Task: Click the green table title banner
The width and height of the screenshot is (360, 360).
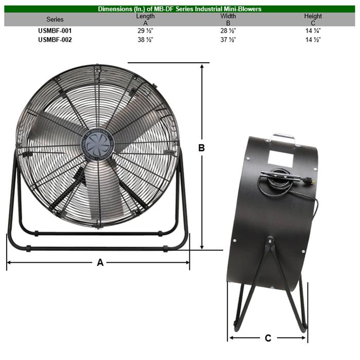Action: pyautogui.click(x=179, y=9)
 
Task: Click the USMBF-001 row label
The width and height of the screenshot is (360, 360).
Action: pyautogui.click(x=55, y=31)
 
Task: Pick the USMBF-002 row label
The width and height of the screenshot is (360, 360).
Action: pyautogui.click(x=55, y=39)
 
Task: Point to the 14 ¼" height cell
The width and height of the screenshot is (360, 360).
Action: pyautogui.click(x=313, y=31)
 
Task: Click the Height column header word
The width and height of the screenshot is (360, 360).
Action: pyautogui.click(x=313, y=16)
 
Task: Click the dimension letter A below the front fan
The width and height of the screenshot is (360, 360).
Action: pyautogui.click(x=100, y=262)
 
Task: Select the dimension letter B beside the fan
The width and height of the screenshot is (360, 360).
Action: pyautogui.click(x=202, y=148)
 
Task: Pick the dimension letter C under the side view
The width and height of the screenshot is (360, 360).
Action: pyautogui.click(x=268, y=338)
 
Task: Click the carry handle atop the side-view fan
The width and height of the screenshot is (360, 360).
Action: pyautogui.click(x=285, y=137)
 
